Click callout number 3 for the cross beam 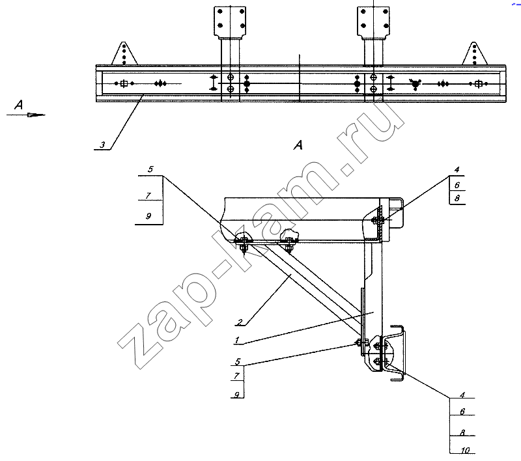(x=103, y=145)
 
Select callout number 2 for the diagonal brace (x=240, y=322)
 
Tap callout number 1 (x=237, y=340)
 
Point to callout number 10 (x=465, y=450)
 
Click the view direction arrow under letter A (x=26, y=115)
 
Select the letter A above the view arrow (x=19, y=105)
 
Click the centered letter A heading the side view (x=298, y=145)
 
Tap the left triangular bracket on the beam (x=124, y=53)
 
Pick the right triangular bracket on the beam (x=475, y=53)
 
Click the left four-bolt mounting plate (x=230, y=21)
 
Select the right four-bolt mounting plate (x=373, y=21)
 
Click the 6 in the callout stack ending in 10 (x=462, y=412)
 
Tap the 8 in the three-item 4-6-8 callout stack (x=457, y=199)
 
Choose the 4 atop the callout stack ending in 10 (x=462, y=395)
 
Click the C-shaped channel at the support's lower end (x=397, y=353)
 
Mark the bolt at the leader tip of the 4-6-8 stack (x=378, y=219)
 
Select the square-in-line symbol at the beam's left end (x=124, y=83)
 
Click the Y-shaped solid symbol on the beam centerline (x=415, y=84)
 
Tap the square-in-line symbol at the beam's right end (x=479, y=84)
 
